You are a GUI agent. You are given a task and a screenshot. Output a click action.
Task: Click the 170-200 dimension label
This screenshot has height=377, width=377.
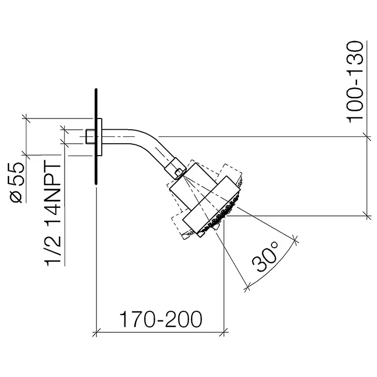coord(160,319)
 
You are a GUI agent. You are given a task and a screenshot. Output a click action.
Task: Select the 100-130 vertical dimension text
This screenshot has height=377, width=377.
coord(354,82)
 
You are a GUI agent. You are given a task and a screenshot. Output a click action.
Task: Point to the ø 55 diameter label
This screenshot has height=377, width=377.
coord(17,183)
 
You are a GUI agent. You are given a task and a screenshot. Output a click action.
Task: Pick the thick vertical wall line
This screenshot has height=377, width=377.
coord(96,137)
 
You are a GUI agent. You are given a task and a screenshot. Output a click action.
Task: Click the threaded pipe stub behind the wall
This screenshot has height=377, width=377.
coord(90,137)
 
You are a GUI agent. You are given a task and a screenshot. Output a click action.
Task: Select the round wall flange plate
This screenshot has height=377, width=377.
coord(100,137)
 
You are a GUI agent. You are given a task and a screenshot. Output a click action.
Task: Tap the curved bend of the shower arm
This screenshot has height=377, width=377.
coord(144,139)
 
